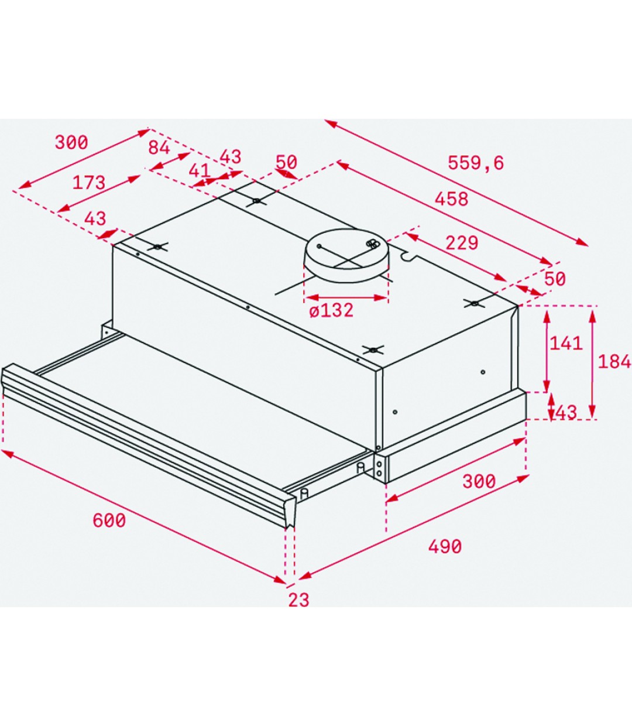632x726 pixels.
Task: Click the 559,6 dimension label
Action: coord(475,163)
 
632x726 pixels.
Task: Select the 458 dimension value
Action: coord(451,199)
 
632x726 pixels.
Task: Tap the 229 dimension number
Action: coord(461,242)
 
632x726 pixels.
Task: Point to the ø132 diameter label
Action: coord(331,310)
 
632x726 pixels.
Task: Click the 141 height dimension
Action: coord(565,343)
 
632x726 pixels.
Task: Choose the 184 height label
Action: coord(614,361)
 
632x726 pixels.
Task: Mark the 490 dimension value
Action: coord(445,546)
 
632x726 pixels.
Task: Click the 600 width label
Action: coord(109,520)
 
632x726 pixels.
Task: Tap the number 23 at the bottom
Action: coord(298,600)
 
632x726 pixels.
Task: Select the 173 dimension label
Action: coord(88,183)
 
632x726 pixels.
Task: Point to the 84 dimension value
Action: coord(159,148)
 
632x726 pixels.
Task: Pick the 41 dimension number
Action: coord(200,170)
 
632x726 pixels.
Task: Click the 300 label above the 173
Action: coord(71,142)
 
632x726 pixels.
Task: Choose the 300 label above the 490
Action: coord(479,481)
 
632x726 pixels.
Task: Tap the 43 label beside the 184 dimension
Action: coord(566,413)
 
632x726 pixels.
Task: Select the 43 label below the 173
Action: coord(95,218)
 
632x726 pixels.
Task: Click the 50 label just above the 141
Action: coord(555,279)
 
